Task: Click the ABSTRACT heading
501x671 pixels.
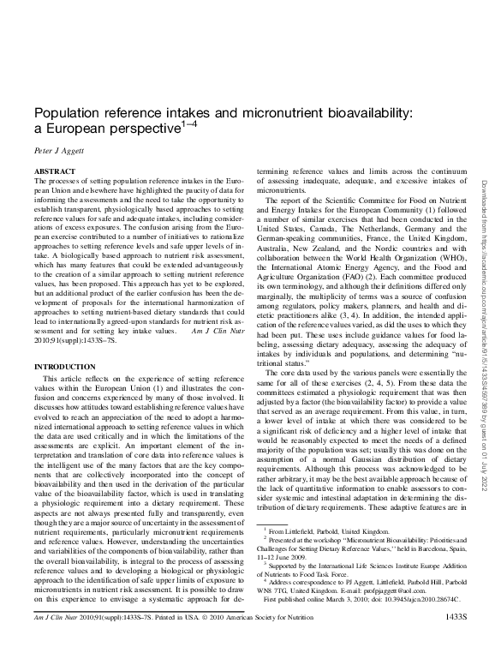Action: click(x=52, y=172)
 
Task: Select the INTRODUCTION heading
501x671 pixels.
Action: click(x=64, y=366)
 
